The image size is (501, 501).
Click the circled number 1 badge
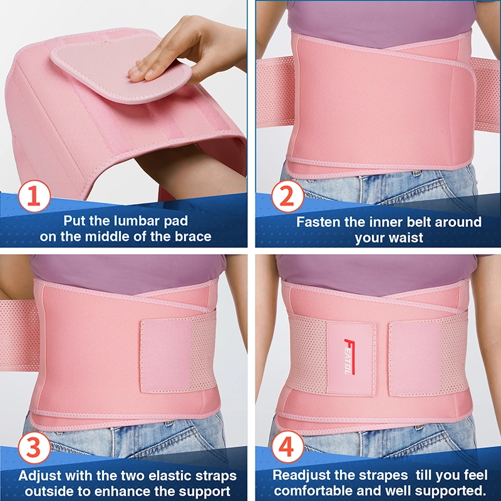point(34,196)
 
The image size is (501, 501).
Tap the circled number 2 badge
point(287,196)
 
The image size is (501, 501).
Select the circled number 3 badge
point(34,447)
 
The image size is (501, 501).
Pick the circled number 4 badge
point(287,447)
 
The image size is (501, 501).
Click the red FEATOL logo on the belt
point(349,356)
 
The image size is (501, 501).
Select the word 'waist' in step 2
point(406,238)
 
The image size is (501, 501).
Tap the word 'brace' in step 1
point(193,237)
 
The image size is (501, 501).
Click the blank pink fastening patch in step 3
point(166,355)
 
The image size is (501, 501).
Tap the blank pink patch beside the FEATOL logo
point(415,359)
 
